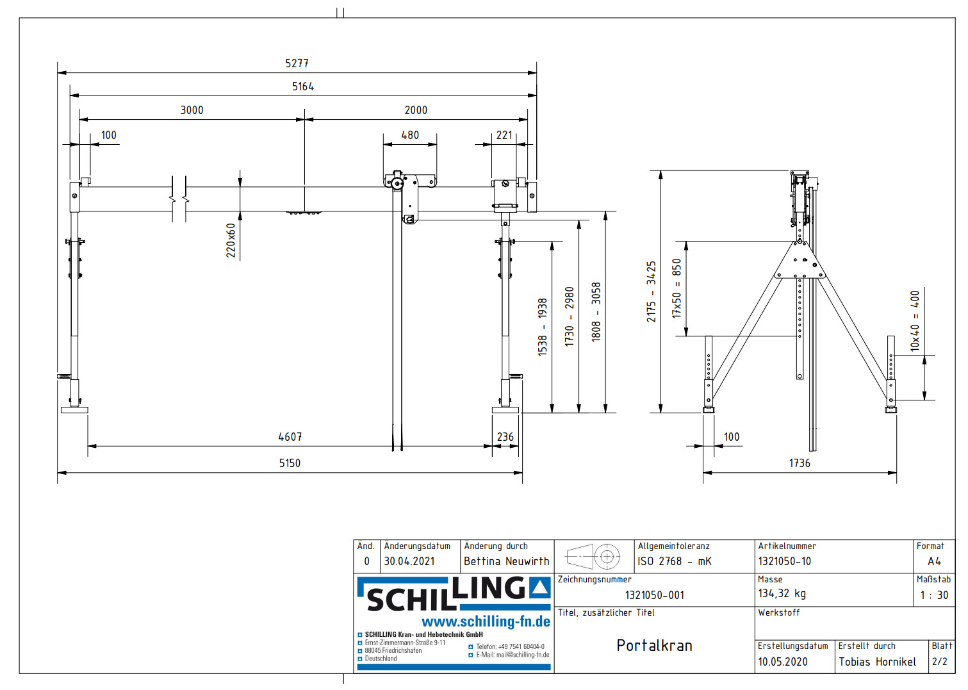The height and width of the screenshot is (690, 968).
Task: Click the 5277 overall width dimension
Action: pyautogui.click(x=297, y=63)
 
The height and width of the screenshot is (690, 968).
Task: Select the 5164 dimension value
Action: pyautogui.click(x=303, y=86)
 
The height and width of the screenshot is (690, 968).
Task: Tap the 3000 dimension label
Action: pyautogui.click(x=192, y=110)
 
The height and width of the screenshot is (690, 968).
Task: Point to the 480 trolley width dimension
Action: pyautogui.click(x=410, y=135)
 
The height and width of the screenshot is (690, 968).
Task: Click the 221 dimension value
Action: pyautogui.click(x=504, y=135)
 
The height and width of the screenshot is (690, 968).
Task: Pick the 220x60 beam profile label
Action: pyautogui.click(x=231, y=240)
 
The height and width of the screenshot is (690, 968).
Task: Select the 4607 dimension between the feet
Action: pyautogui.click(x=290, y=437)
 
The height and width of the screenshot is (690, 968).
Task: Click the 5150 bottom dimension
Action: pyautogui.click(x=290, y=463)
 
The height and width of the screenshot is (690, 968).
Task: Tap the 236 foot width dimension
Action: pyautogui.click(x=505, y=437)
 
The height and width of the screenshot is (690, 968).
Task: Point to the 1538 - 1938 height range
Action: pyautogui.click(x=543, y=327)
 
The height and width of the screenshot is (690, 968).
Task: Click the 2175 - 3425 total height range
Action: pyautogui.click(x=652, y=292)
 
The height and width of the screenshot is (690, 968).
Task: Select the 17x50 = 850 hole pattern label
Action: pyautogui.click(x=677, y=288)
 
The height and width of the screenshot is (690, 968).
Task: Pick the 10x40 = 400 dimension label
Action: pyautogui.click(x=915, y=321)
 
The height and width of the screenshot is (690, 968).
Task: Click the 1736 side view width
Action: pyautogui.click(x=799, y=463)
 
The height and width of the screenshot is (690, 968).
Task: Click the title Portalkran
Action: pyautogui.click(x=654, y=646)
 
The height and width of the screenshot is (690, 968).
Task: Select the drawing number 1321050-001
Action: pyautogui.click(x=654, y=595)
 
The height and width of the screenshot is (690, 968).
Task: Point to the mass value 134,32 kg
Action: pyautogui.click(x=782, y=594)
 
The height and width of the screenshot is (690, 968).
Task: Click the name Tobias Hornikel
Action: pyautogui.click(x=877, y=662)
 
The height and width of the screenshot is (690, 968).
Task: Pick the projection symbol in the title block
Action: pyautogui.click(x=594, y=556)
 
